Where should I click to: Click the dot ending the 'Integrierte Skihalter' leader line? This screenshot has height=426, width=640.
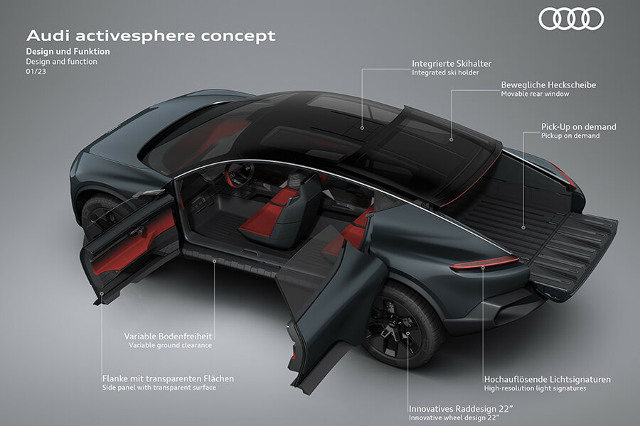[362, 128]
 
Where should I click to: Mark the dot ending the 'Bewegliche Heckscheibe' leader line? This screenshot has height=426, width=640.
[452, 139]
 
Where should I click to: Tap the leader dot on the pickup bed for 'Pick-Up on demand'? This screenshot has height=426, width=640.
[523, 227]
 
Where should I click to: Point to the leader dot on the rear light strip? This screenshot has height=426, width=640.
[483, 268]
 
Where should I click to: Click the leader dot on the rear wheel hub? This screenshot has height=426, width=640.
[407, 334]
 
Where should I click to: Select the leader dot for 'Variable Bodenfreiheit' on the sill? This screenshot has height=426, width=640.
[214, 261]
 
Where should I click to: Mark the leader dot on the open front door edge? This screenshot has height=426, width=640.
[102, 293]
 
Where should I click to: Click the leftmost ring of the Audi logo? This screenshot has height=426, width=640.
[550, 19]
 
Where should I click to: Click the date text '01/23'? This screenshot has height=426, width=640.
[36, 71]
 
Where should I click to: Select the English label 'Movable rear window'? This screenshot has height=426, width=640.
[535, 94]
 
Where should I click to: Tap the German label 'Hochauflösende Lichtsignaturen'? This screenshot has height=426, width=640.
[548, 380]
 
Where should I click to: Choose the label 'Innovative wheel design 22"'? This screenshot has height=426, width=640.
[454, 418]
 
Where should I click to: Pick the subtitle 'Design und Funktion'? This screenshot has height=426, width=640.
[68, 52]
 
